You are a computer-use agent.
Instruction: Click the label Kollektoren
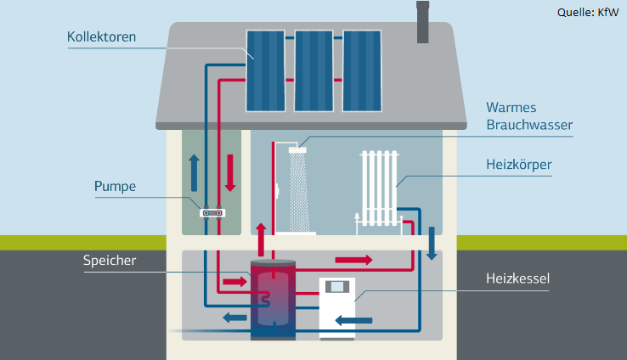[101, 37]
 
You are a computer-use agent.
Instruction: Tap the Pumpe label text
[115, 186]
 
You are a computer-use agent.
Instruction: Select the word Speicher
[110, 259]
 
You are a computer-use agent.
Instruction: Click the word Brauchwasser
[529, 125]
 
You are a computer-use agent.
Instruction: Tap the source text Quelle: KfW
[588, 12]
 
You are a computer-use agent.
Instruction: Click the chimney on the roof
[422, 23]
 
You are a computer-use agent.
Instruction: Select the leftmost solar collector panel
[264, 71]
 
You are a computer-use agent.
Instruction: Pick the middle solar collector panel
[313, 71]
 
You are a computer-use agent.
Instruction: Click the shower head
[297, 149]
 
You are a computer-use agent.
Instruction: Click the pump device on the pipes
[212, 212]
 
